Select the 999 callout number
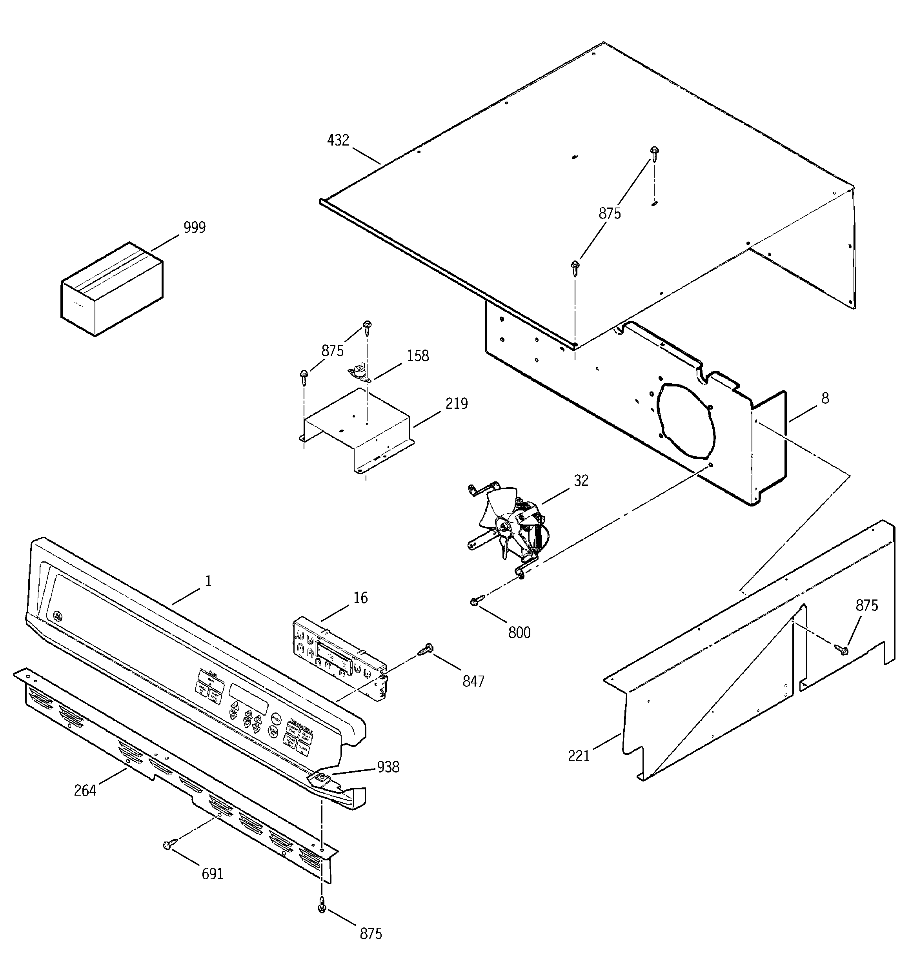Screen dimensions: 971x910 click(x=195, y=228)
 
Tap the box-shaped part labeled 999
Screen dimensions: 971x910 click(x=111, y=289)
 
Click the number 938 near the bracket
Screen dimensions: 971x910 click(x=388, y=767)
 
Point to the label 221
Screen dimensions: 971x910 click(x=579, y=756)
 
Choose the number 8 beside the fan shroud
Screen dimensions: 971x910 click(x=825, y=399)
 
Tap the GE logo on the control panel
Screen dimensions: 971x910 click(x=58, y=616)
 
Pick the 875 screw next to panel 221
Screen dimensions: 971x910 click(x=842, y=649)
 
